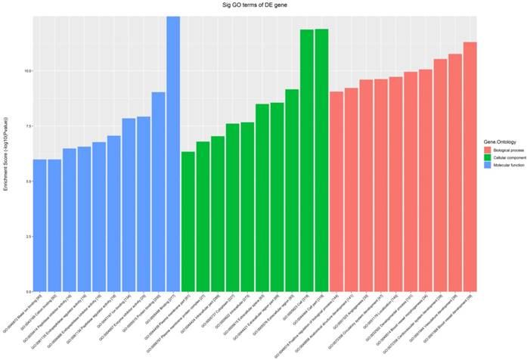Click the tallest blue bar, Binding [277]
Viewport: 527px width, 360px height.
(173, 151)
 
